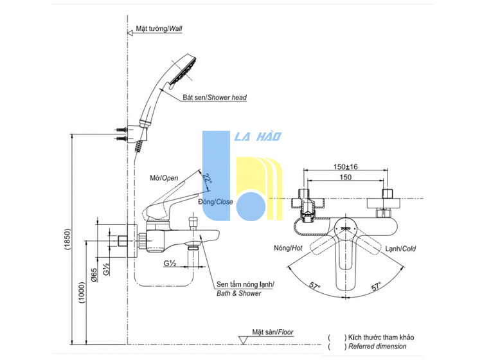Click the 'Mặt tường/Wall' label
[159, 28]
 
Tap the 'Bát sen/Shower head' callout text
[215, 98]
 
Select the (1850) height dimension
[68, 239]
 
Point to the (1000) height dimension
[82, 292]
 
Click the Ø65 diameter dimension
[94, 275]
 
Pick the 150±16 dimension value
[346, 166]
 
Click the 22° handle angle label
[207, 179]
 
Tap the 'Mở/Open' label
[164, 178]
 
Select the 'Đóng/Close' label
[215, 202]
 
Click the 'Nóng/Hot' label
[288, 248]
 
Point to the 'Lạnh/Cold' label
[400, 248]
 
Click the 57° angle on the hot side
[314, 285]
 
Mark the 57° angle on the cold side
[377, 286]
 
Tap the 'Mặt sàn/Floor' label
[272, 332]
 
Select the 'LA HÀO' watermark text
[258, 136]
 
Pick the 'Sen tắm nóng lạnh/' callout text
[245, 284]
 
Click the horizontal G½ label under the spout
[170, 263]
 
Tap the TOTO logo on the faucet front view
[346, 228]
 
